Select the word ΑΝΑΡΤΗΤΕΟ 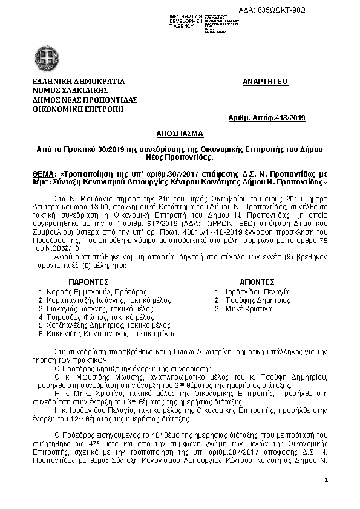coord(265,82)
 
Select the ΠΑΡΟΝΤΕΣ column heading coord(88,282)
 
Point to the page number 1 coord(326,480)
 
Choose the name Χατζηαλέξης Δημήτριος coord(79,325)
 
